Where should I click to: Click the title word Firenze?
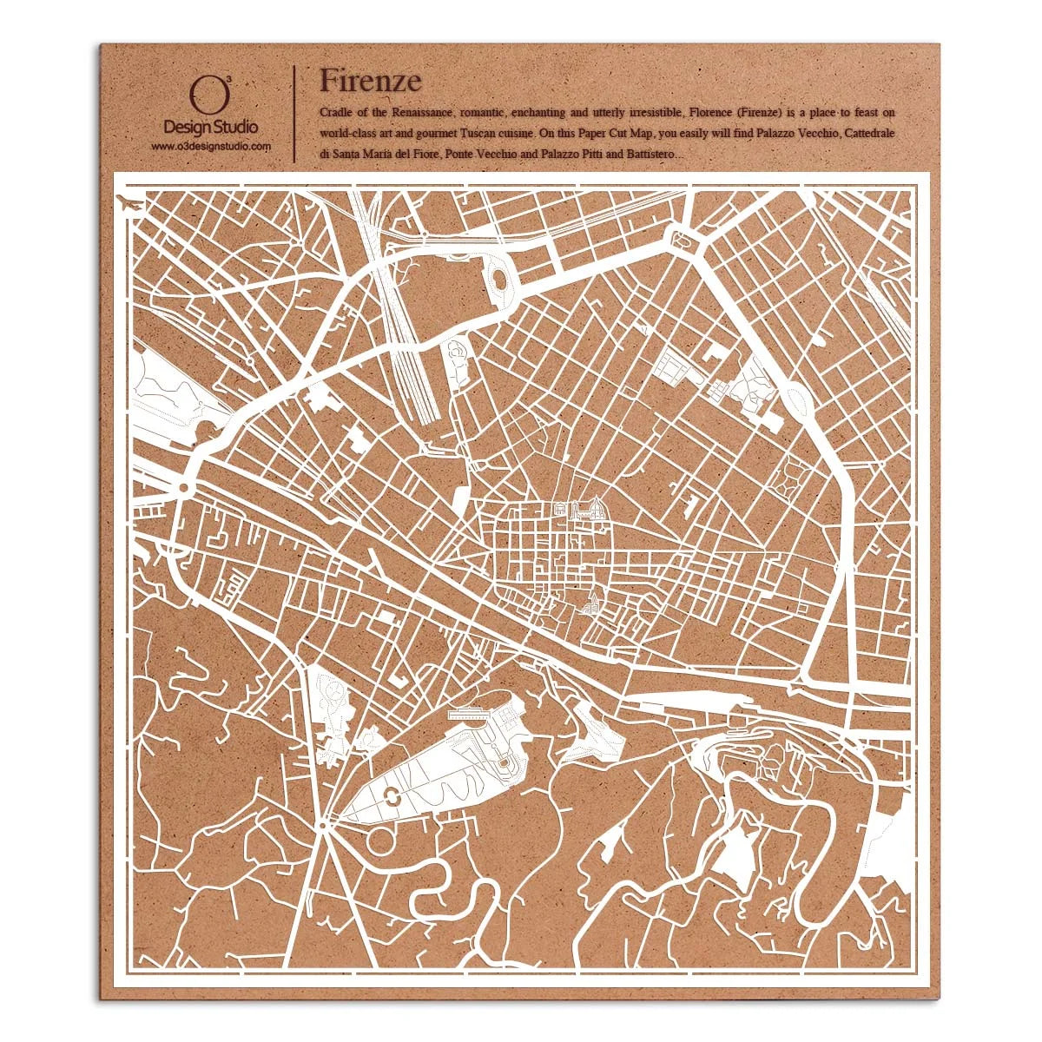(x=370, y=80)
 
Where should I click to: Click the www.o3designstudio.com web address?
(x=211, y=147)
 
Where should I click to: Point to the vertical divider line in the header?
(x=295, y=113)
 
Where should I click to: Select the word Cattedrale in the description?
(x=869, y=134)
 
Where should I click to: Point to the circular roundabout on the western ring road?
(x=184, y=490)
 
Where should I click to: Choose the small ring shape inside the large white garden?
(x=392, y=793)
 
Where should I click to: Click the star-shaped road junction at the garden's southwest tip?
(x=323, y=822)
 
